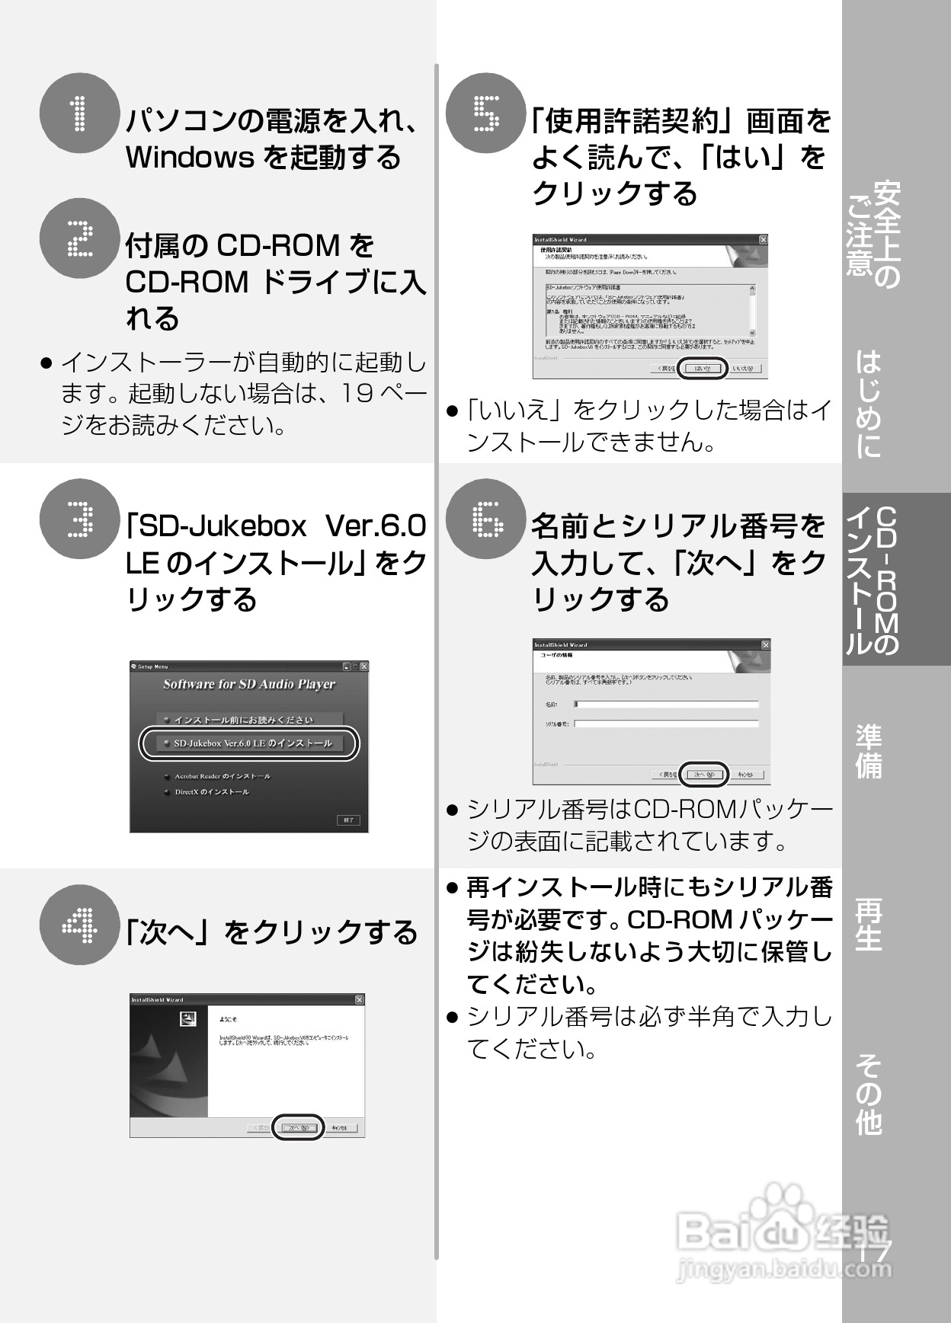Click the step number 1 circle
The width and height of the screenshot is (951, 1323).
(x=79, y=113)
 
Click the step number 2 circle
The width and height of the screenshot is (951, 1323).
(x=79, y=238)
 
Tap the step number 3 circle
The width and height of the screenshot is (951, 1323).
(x=79, y=519)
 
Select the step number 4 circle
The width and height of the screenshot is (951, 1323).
(x=79, y=925)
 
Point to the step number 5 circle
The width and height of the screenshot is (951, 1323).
(x=485, y=113)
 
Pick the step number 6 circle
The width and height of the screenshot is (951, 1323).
(x=485, y=519)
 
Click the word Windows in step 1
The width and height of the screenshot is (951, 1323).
(x=189, y=158)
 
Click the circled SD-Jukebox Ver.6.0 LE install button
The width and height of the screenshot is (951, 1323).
(x=249, y=743)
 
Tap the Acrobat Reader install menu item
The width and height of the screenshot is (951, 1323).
(x=222, y=776)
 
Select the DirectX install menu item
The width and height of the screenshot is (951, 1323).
(x=211, y=792)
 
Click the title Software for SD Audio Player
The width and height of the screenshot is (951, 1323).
(x=249, y=684)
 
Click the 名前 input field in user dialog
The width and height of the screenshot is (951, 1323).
(x=667, y=705)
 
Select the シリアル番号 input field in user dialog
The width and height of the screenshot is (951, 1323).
(x=667, y=724)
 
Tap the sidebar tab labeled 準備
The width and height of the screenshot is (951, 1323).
(x=869, y=751)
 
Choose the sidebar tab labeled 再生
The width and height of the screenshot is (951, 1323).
(x=869, y=924)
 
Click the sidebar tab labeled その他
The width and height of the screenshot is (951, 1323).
(x=869, y=1094)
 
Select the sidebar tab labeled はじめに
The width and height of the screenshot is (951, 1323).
(x=869, y=404)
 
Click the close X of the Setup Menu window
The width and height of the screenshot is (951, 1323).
(x=363, y=666)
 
